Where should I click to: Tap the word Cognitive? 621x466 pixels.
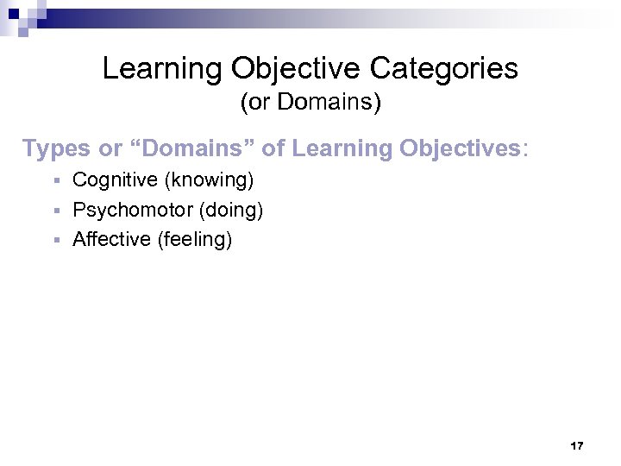click(x=115, y=180)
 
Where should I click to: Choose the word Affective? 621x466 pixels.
click(x=112, y=239)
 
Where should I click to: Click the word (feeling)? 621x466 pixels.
click(x=195, y=239)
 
